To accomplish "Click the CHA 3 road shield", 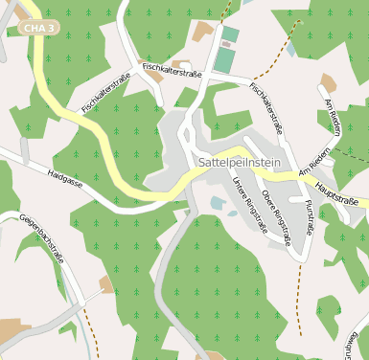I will pos(38,29).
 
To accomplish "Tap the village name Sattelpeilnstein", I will pos(239,164).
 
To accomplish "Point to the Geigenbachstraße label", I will pos(40,243).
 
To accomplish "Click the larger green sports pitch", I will pos(223,60).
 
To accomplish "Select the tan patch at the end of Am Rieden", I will pos(329,83).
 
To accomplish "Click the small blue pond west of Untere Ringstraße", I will pos(219,203).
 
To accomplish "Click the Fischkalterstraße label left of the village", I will pos(105,96).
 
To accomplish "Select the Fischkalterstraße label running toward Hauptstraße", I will pos(266,107).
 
